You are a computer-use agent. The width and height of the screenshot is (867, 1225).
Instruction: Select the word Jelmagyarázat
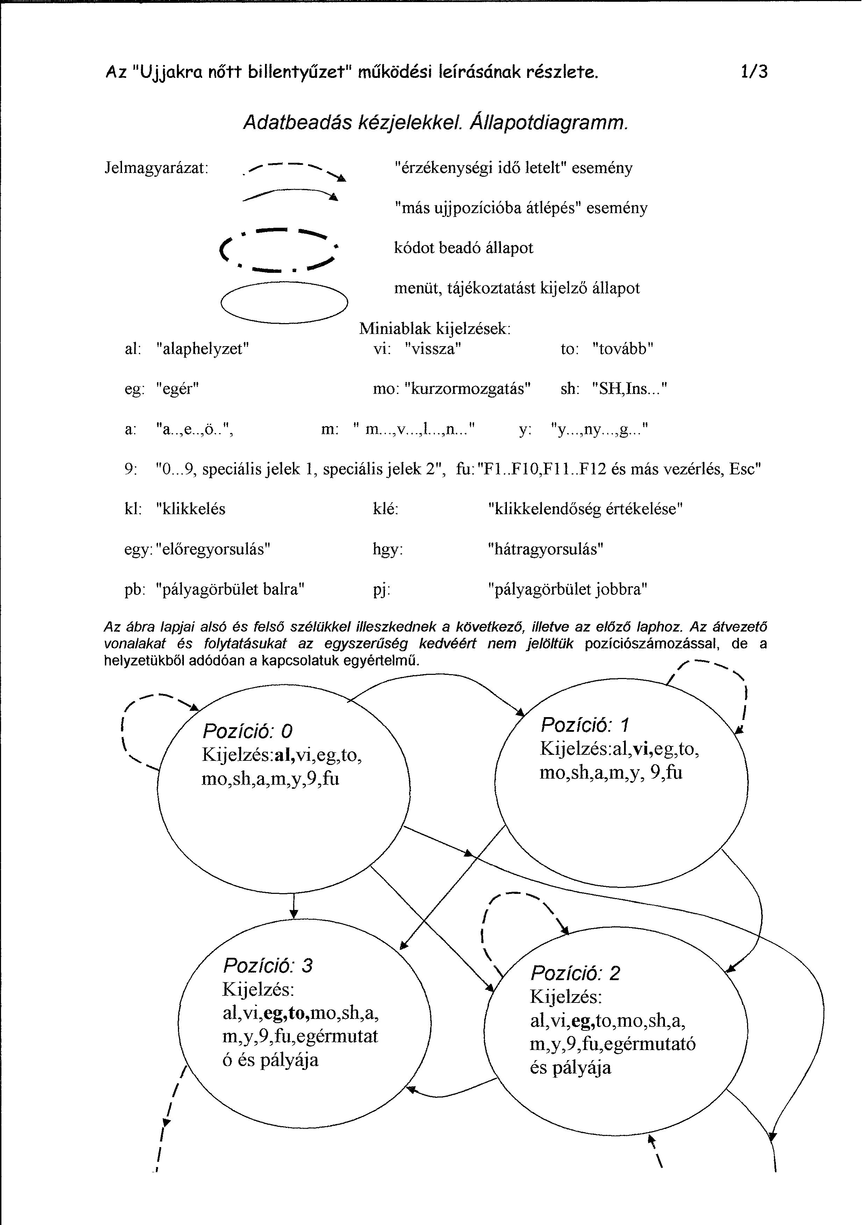pyautogui.click(x=156, y=168)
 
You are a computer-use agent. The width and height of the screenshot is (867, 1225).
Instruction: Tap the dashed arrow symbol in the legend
pyautogui.click(x=294, y=171)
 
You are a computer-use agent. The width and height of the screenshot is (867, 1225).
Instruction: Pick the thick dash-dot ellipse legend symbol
pyautogui.click(x=279, y=249)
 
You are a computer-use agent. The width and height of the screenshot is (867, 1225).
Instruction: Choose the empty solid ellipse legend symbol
pyautogui.click(x=284, y=302)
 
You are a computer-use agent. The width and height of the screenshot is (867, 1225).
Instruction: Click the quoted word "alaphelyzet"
pyautogui.click(x=203, y=349)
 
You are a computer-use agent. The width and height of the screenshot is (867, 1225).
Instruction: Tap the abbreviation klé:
pyautogui.click(x=386, y=509)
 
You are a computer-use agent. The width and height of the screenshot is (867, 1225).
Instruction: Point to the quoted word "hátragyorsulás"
pyautogui.click(x=546, y=549)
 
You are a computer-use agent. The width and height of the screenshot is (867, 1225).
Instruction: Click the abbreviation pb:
pyautogui.click(x=135, y=590)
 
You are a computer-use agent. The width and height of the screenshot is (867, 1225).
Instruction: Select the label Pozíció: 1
pyautogui.click(x=585, y=725)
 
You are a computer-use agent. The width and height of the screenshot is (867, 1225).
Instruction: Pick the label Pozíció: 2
pyautogui.click(x=575, y=973)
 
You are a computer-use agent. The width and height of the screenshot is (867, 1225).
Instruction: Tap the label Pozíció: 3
pyautogui.click(x=267, y=966)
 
